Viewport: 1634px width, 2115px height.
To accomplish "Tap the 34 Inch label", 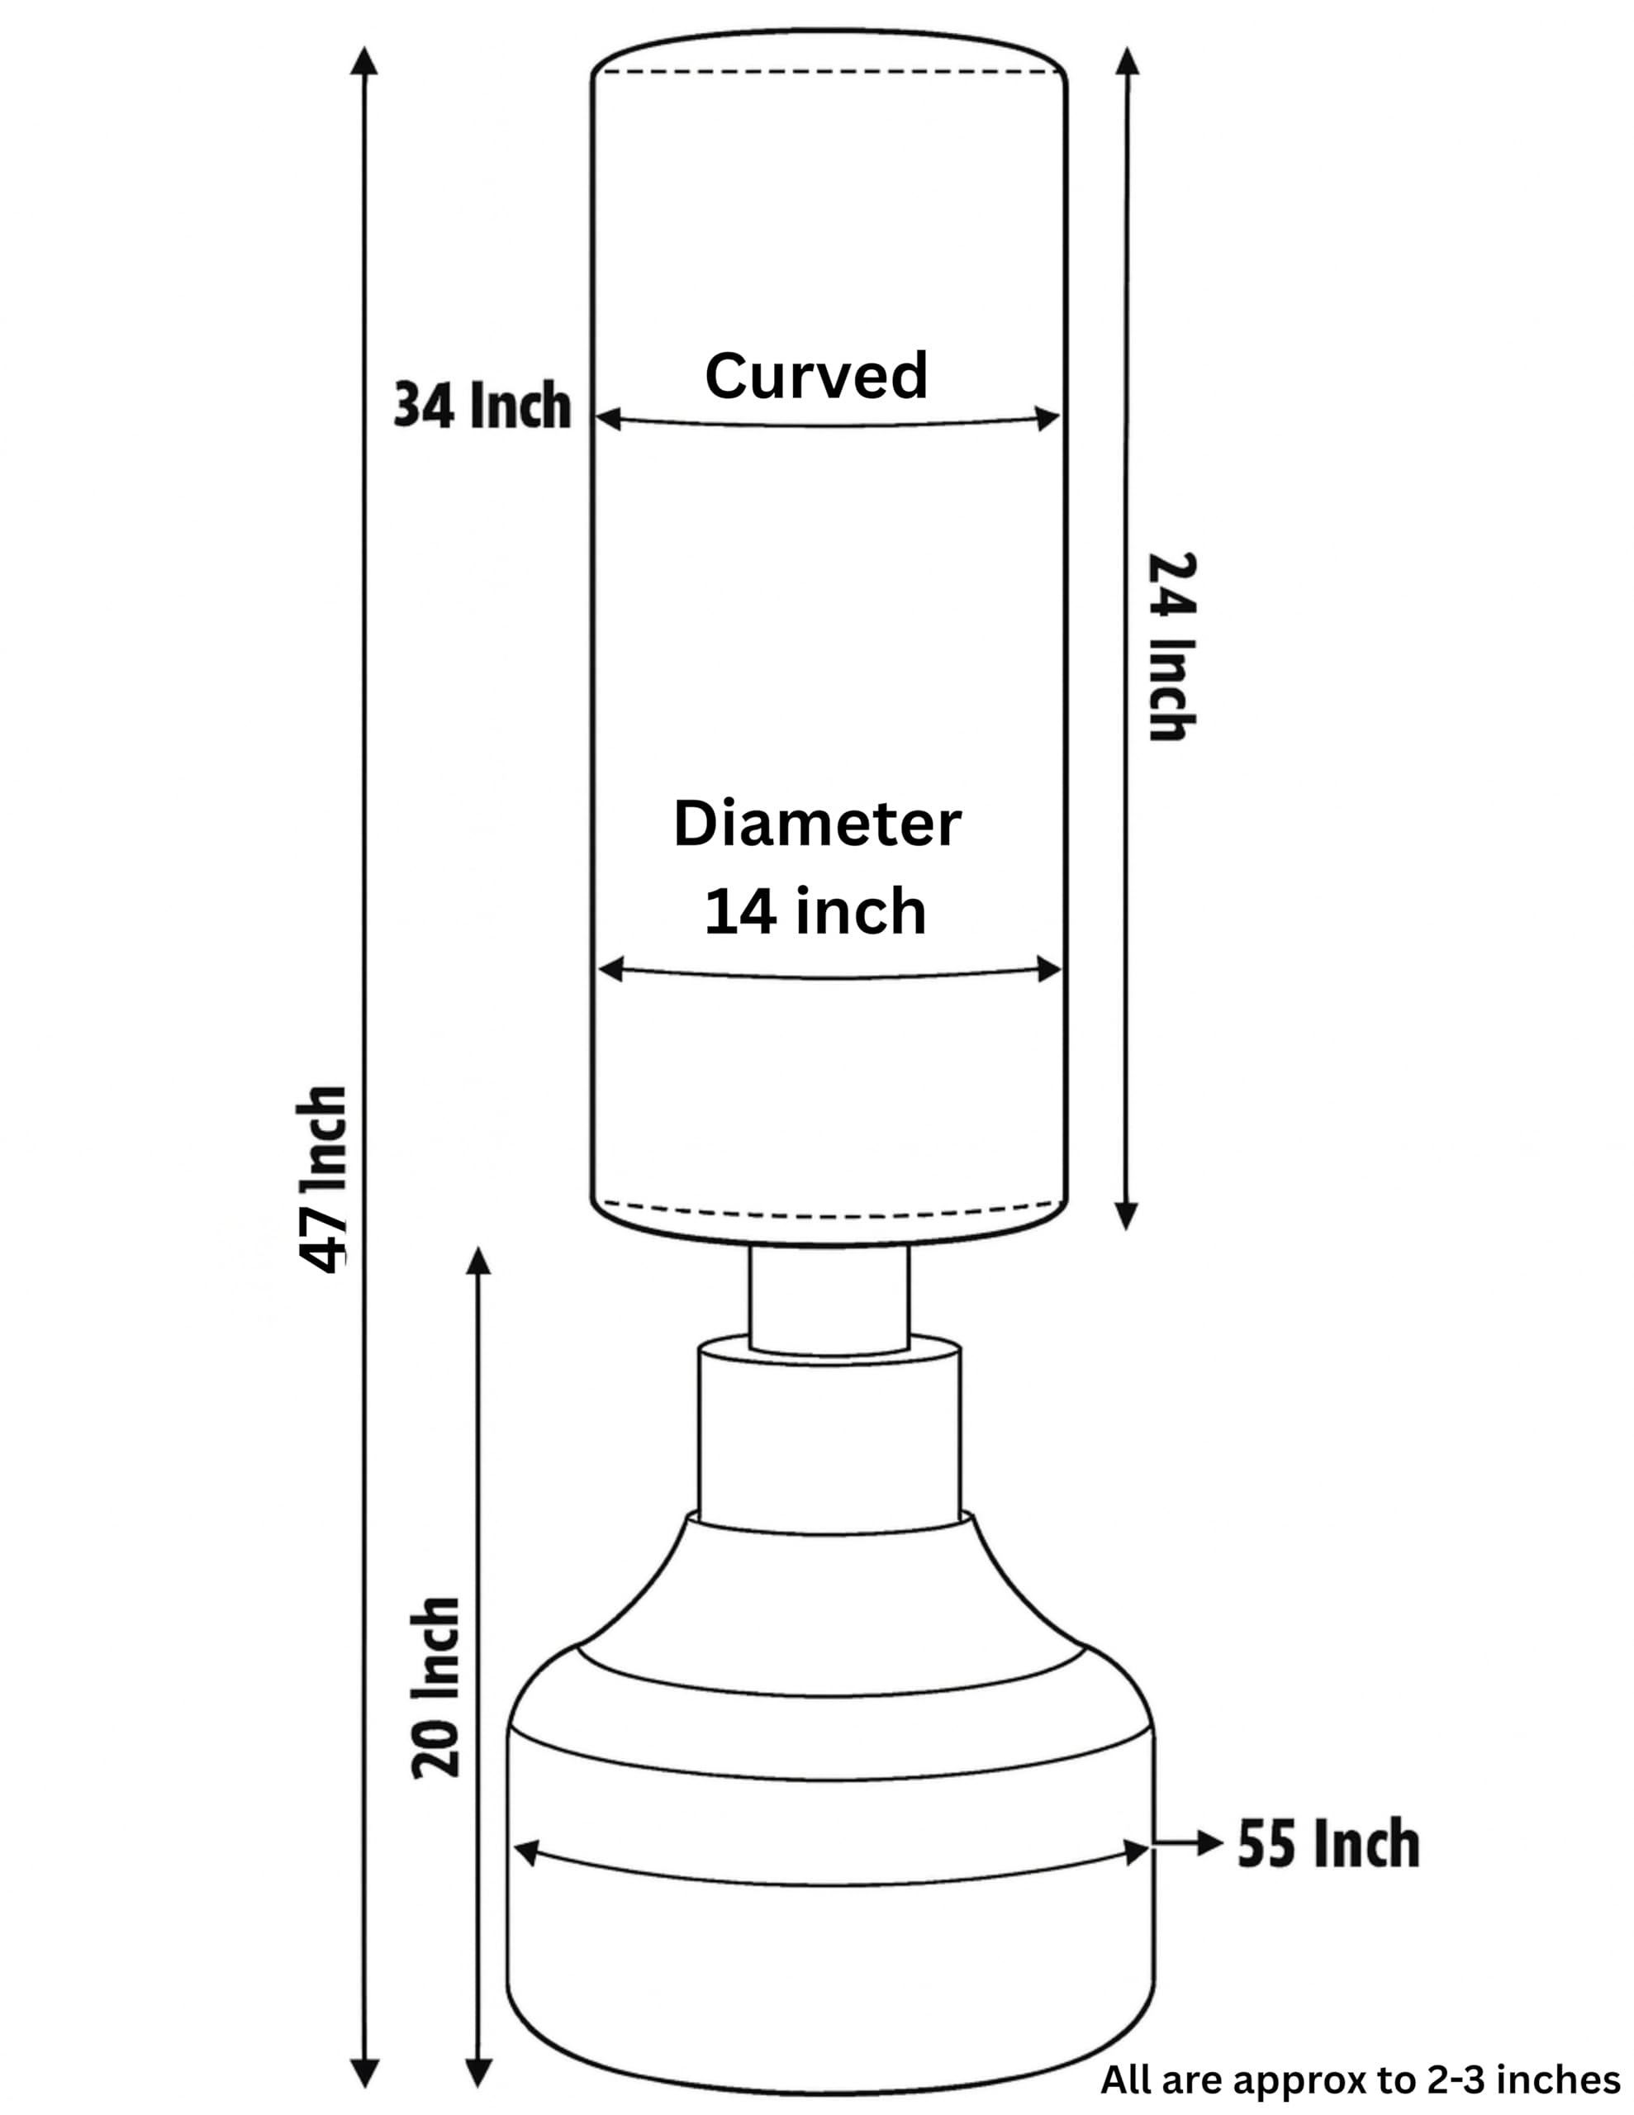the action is point(482,405).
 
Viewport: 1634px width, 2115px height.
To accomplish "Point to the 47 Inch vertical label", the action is point(321,1179).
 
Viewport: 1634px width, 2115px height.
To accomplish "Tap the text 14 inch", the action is point(815,911).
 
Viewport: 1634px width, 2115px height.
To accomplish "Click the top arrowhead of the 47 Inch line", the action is point(363,60).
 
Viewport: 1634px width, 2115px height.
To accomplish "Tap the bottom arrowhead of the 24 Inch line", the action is point(1124,1215).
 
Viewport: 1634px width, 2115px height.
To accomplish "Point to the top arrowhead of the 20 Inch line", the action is point(478,1261).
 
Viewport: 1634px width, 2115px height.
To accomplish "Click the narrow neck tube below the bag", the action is point(829,1299).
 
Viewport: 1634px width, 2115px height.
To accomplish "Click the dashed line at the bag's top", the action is point(829,71).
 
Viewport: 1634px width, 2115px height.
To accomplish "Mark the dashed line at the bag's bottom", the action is point(829,1211).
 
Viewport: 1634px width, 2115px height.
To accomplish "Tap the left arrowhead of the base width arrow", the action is point(526,1852).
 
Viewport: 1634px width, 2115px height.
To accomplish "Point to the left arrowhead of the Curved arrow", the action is point(608,418).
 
